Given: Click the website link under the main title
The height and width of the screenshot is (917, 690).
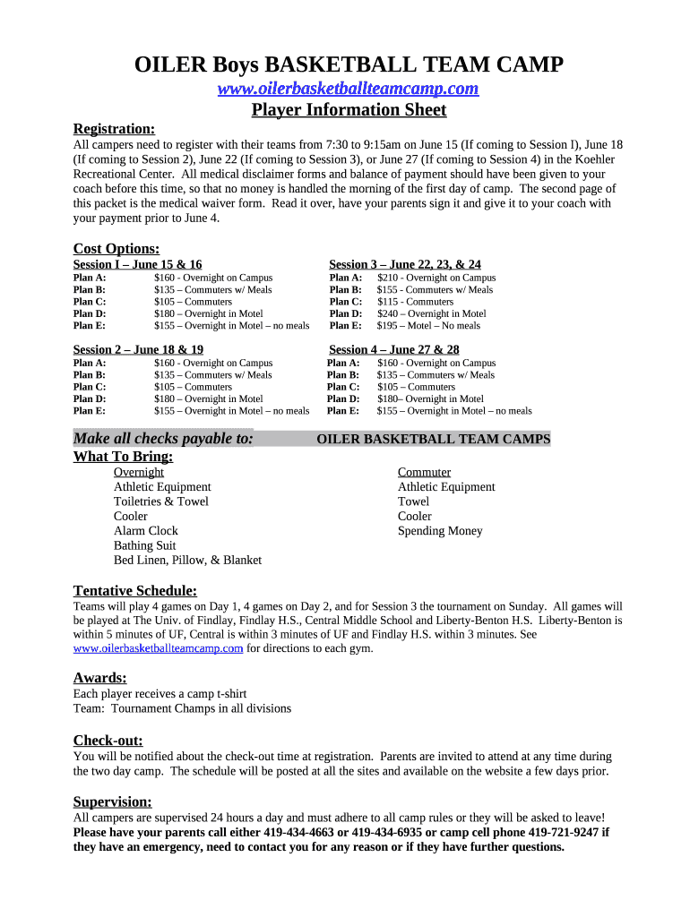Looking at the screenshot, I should [x=349, y=88].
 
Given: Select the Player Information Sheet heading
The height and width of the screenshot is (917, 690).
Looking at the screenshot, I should [x=349, y=110].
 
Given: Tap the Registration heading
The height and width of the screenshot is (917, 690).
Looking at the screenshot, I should [x=114, y=129].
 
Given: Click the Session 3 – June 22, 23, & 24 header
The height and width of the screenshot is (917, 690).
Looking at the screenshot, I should [x=405, y=264].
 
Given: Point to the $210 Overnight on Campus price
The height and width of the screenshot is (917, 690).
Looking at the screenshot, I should [x=436, y=278].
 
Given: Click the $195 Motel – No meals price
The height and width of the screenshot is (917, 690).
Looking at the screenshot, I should [x=427, y=326].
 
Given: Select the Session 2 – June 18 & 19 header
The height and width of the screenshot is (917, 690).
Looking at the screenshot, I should [x=138, y=349].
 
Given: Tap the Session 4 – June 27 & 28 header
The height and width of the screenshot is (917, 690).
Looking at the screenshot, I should [x=394, y=349].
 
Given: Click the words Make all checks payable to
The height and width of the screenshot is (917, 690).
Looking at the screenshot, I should [x=162, y=439].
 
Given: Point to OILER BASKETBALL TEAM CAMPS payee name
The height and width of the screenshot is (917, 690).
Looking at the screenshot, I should [x=434, y=439].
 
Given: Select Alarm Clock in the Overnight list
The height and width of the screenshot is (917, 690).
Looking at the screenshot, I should [x=146, y=531].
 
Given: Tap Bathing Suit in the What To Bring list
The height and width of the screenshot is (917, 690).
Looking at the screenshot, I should [x=145, y=545].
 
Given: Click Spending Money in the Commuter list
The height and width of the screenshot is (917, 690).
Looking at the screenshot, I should [x=440, y=531].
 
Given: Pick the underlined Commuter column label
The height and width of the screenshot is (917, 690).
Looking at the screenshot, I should [x=424, y=472].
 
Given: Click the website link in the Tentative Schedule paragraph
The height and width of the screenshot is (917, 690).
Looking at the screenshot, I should [x=158, y=648].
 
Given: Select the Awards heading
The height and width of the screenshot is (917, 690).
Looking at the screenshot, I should [x=99, y=678].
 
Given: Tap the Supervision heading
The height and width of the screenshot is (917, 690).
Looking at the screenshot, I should [x=112, y=801].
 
